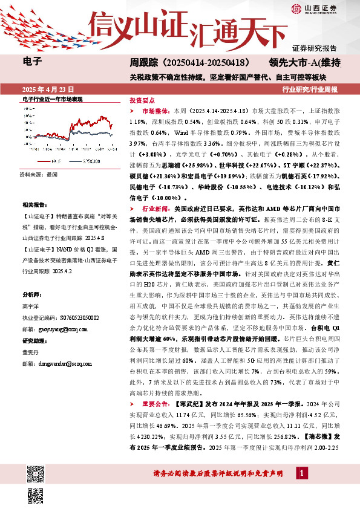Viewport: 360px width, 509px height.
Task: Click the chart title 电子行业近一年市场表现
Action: pyautogui.click(x=52, y=99)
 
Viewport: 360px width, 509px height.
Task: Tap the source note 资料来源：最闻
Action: pyautogui.click(x=39, y=173)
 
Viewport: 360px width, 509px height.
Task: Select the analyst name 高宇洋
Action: pyautogui.click(x=31, y=306)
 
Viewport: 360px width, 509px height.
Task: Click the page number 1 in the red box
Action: pyautogui.click(x=301, y=471)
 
